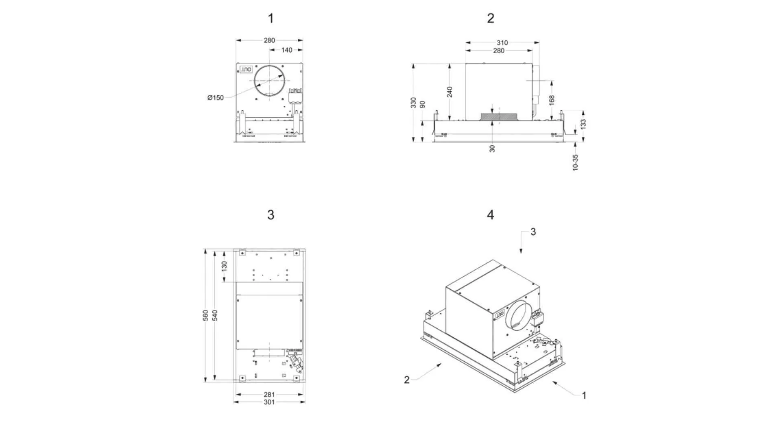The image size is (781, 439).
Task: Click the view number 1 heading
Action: (271, 18)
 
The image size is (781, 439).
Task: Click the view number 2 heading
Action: (491, 18)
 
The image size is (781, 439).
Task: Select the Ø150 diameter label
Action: (215, 98)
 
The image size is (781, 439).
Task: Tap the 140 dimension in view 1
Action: (287, 50)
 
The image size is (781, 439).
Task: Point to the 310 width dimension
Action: (502, 43)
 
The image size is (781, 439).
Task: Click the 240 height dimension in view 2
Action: (449, 92)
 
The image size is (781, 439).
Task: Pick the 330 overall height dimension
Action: (413, 103)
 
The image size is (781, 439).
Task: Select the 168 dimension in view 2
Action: (552, 100)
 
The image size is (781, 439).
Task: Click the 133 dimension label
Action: (583, 124)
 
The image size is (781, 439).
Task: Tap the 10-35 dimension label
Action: (575, 162)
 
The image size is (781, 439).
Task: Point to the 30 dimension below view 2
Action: (492, 149)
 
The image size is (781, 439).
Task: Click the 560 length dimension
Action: (205, 315)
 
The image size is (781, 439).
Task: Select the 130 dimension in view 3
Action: (225, 266)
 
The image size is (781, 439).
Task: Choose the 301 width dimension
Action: (269, 402)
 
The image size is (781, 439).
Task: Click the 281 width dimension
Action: (269, 394)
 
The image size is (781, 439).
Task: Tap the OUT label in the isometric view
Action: (500, 314)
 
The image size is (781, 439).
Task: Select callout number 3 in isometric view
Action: (533, 232)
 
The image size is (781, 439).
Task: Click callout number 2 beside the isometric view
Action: (407, 380)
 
